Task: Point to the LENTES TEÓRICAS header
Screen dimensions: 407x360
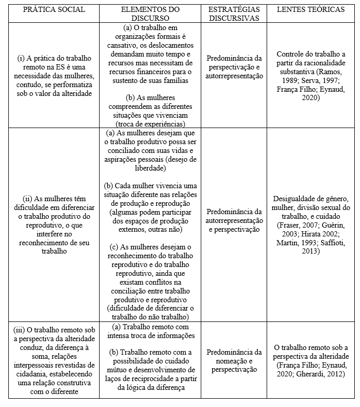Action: point(310,10)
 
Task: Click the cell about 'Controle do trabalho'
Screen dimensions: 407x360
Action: point(310,76)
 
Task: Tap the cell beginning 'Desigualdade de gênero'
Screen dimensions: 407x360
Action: point(310,224)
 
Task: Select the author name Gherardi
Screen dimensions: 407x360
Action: point(311,373)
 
